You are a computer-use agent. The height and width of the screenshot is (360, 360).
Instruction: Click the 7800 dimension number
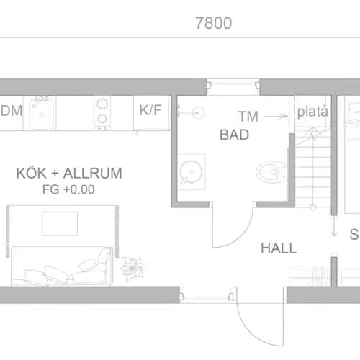point(213,23)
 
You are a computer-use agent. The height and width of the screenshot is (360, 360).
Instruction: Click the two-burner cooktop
point(102,112)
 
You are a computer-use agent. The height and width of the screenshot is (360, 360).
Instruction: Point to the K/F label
point(150,111)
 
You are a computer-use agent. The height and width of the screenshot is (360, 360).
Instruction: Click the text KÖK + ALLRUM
point(69,174)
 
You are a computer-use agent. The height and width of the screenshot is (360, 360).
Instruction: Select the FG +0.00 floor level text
point(69,190)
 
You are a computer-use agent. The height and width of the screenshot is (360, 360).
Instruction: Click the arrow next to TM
point(272,114)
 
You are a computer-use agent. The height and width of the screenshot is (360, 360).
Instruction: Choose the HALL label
point(279,248)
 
